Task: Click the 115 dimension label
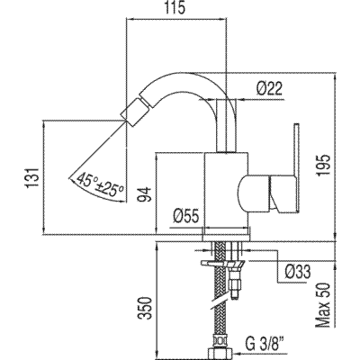tap(175, 8)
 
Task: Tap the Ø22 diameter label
tap(269, 89)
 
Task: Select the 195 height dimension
tap(323, 166)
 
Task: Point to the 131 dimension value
tap(32, 177)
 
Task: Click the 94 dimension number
tap(144, 194)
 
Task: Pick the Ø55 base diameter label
tap(186, 216)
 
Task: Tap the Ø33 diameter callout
tap(298, 272)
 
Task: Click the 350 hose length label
tap(144, 309)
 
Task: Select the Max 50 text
tap(323, 305)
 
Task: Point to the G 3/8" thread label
tap(265, 343)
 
